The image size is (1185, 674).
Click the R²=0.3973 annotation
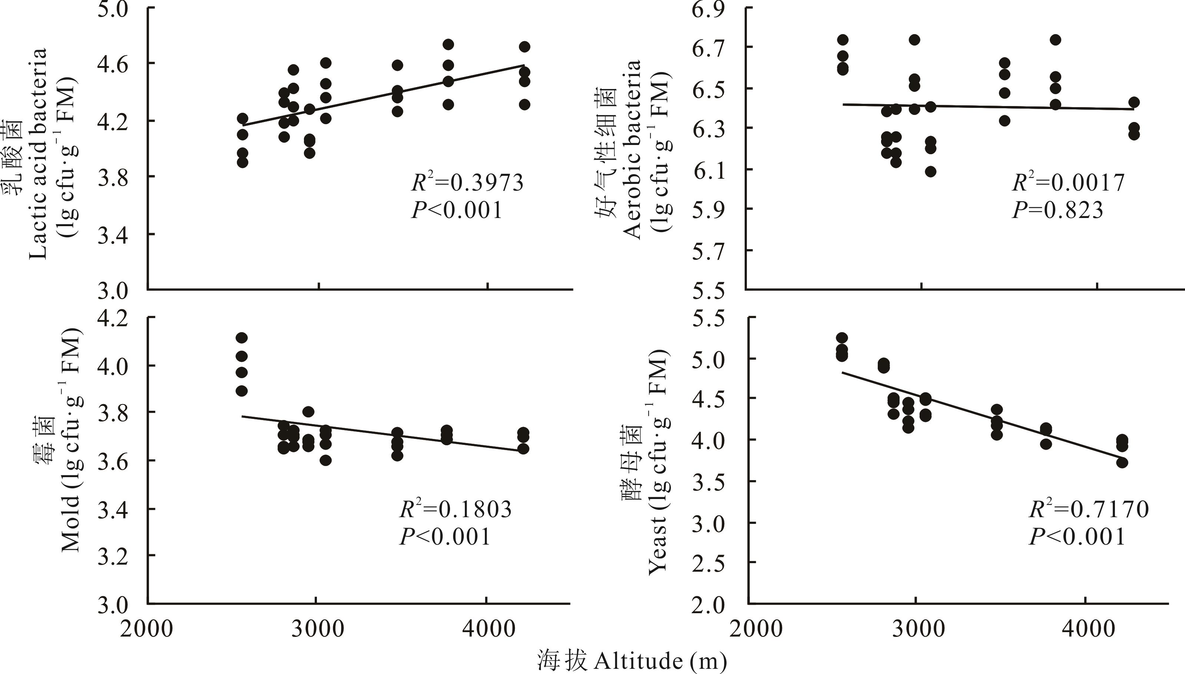pyautogui.click(x=467, y=182)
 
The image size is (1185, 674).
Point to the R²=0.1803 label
pyautogui.click(x=456, y=509)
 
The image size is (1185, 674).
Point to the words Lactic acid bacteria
pyautogui.click(x=38, y=153)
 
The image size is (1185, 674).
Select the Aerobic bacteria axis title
pyautogui.click(x=632, y=148)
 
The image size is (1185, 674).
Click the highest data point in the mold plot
pyautogui.click(x=242, y=338)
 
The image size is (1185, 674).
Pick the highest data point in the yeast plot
pyautogui.click(x=842, y=338)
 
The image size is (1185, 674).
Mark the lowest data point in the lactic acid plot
pyautogui.click(x=242, y=162)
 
